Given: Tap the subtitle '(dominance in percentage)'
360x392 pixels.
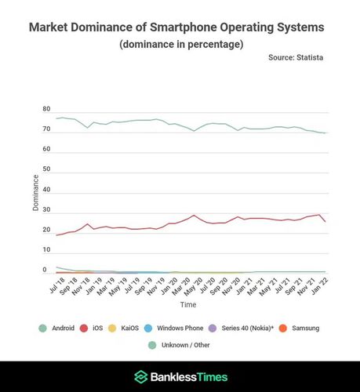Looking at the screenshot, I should coord(180,44).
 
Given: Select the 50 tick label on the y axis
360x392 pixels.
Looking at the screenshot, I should coord(46,169).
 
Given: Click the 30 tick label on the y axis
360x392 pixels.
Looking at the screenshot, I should coord(46,210).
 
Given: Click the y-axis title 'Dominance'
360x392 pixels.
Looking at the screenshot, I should coord(35,192).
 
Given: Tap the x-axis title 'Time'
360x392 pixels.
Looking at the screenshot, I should coord(188,303).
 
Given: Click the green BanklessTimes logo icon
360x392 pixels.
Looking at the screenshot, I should coord(140,376).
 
